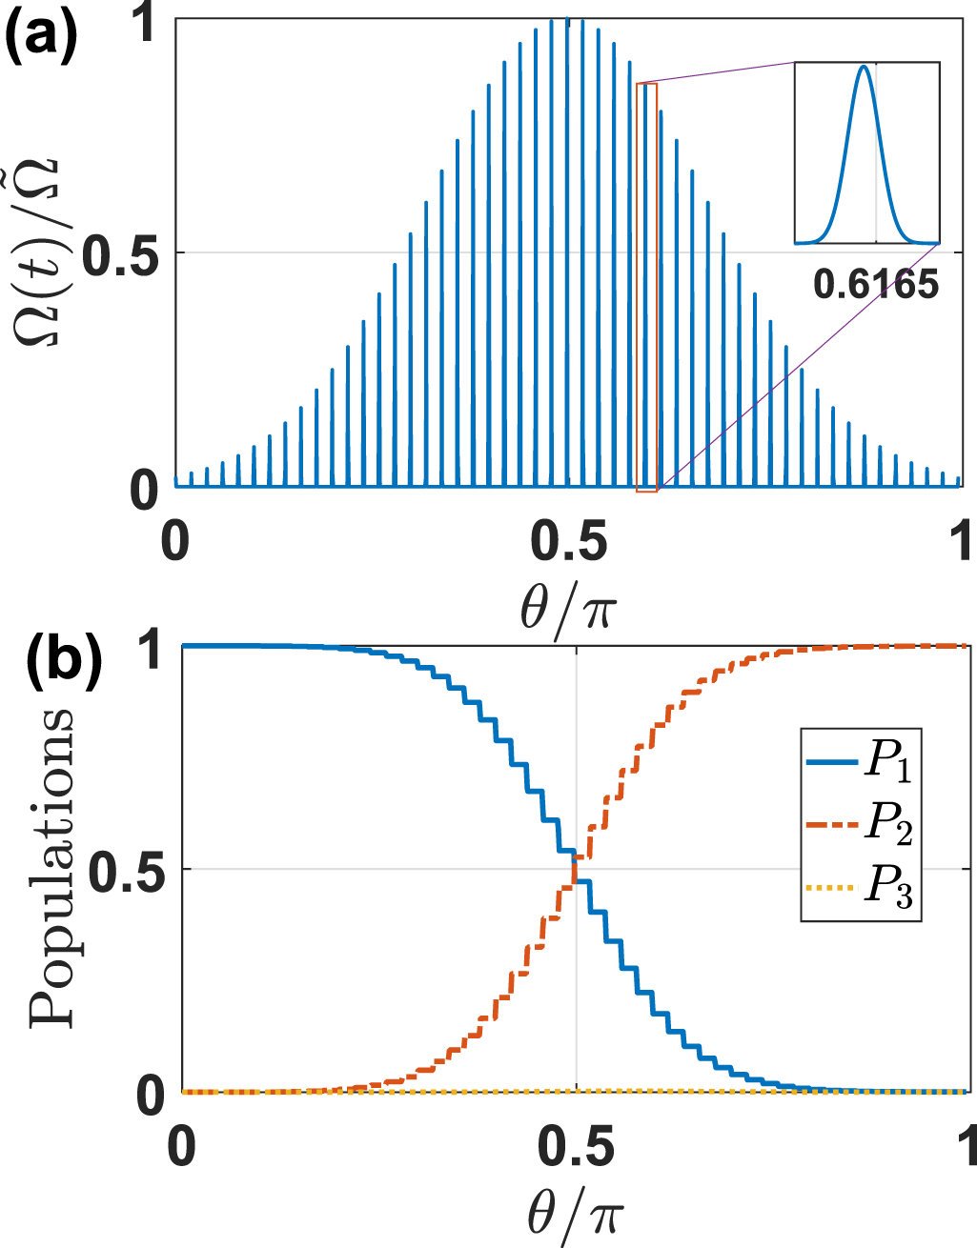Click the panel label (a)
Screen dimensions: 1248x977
pyautogui.click(x=41, y=35)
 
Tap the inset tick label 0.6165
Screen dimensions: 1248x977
pyautogui.click(x=876, y=284)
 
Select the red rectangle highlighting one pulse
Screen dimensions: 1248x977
pyautogui.click(x=647, y=286)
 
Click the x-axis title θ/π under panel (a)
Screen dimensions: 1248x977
pyautogui.click(x=568, y=606)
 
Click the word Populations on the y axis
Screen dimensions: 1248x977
pyautogui.click(x=52, y=867)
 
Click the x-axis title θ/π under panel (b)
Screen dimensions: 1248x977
pyautogui.click(x=575, y=1213)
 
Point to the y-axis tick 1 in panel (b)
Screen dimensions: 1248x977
pyautogui.click(x=152, y=648)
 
